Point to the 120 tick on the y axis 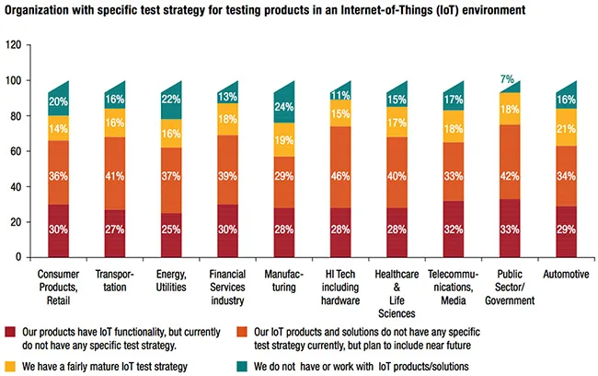(x=14, y=45)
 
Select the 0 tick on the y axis (x=19, y=257)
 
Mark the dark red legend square (x=11, y=331)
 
